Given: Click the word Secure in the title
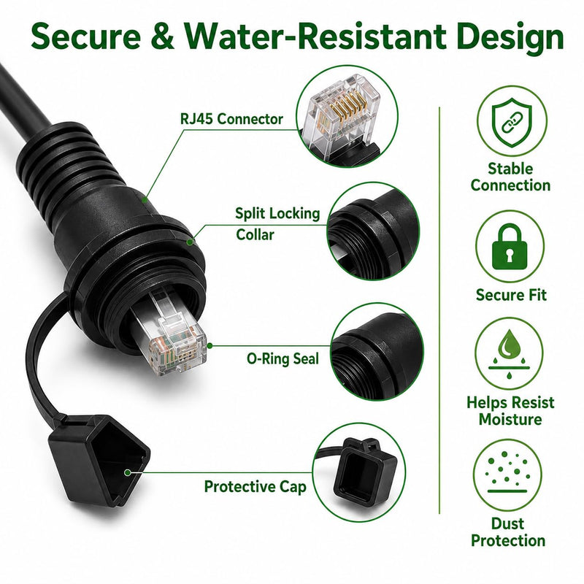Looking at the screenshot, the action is pos(86,36).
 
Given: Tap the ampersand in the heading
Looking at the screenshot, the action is pos(163,36).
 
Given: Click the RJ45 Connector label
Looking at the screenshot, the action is pos(231,119).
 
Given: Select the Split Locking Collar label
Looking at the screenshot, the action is pos(277,224).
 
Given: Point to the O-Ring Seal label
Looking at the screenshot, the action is pos(283,358).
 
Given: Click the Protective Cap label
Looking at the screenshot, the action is pos(255,486).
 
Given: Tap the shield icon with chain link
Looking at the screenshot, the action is pos(512,121).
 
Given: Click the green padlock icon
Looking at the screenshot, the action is pos(510,246).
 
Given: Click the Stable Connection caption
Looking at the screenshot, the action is pos(510,177).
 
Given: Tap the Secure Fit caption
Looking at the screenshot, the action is pos(511,295).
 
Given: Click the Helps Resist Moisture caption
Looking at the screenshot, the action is pos(510,411).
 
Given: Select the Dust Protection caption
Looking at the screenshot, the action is pos(508,532).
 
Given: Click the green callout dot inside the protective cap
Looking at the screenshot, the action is pos(127,472).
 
